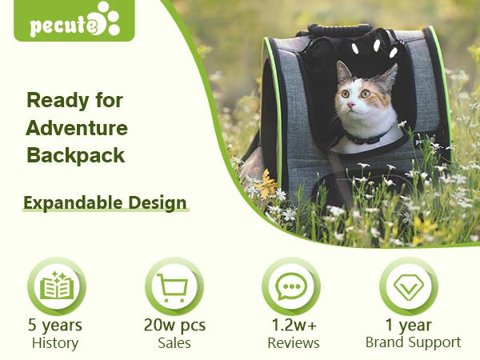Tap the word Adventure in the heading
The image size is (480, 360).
(77, 128)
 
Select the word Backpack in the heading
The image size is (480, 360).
(76, 155)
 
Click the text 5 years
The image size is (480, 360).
(55, 326)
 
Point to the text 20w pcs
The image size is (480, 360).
(174, 326)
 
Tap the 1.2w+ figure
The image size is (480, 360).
(293, 326)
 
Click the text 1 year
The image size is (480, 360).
(409, 326)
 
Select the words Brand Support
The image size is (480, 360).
(413, 342)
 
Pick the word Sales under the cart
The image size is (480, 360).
(174, 343)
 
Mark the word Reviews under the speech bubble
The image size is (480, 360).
(293, 343)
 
